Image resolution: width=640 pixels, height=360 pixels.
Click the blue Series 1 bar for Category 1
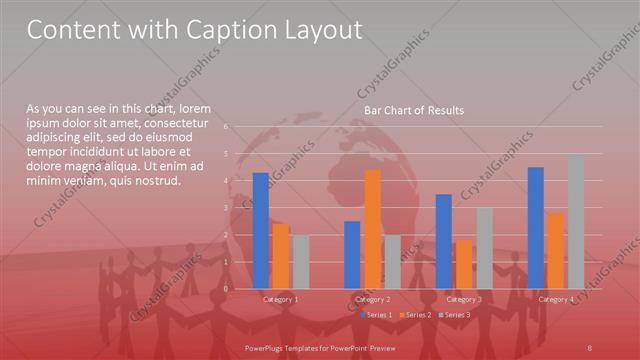(x=261, y=231)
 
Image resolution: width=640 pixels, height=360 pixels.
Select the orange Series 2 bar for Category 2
(x=373, y=229)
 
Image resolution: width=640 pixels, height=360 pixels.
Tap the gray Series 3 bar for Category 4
(x=576, y=221)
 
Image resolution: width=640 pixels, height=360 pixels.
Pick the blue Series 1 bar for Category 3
(x=444, y=241)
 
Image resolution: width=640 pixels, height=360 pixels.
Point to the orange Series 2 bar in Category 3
(x=464, y=264)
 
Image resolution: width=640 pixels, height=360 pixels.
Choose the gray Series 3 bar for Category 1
(x=301, y=262)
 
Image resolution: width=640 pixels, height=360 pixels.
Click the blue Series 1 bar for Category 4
(x=536, y=228)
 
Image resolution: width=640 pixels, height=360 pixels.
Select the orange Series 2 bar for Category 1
(x=281, y=256)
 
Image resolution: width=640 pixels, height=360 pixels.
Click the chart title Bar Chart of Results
(x=413, y=110)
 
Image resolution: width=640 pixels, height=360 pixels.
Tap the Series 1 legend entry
(x=376, y=315)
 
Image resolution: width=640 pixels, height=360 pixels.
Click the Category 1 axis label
(x=281, y=299)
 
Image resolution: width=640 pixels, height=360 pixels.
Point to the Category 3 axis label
(x=464, y=299)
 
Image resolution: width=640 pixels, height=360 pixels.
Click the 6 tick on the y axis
(x=227, y=127)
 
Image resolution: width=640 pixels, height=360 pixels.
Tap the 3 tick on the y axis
(x=227, y=208)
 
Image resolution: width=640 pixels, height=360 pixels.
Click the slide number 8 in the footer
(x=591, y=345)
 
